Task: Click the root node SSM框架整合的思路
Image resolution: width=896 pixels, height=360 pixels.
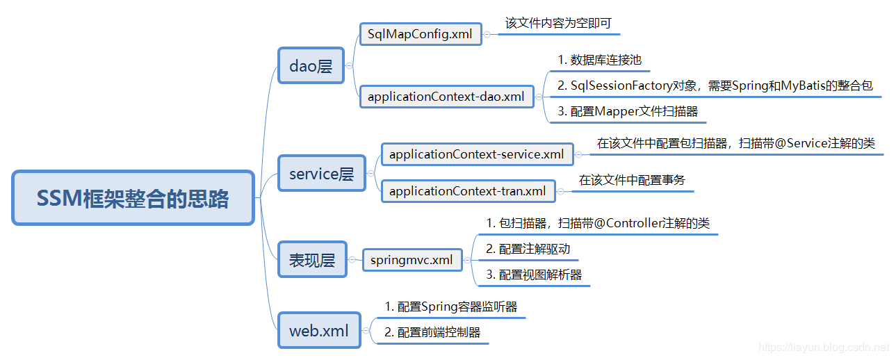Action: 133,198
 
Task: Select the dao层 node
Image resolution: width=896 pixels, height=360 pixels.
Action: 311,66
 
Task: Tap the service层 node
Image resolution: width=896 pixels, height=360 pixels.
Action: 321,174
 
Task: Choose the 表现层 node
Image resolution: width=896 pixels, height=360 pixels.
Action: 312,260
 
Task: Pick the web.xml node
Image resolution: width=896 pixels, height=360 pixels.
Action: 319,330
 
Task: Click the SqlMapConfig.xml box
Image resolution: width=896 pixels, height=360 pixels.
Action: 420,34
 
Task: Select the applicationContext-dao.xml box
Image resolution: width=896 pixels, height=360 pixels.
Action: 446,97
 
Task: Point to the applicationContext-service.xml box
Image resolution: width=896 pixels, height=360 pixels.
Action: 476,154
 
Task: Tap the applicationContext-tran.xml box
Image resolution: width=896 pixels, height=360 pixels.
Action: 467,190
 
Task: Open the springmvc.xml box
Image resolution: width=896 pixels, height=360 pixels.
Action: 412,260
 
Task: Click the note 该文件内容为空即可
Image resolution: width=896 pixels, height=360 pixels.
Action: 558,23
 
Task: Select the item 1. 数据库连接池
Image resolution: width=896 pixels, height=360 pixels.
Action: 599,60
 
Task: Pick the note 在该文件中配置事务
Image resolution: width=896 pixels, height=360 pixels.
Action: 632,180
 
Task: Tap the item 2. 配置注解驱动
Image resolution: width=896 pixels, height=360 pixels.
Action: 528,249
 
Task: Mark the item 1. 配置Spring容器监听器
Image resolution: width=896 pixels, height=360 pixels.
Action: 450,306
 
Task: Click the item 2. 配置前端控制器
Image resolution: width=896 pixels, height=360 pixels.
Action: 432,332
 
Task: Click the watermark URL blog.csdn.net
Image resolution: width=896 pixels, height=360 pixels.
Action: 824,346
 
